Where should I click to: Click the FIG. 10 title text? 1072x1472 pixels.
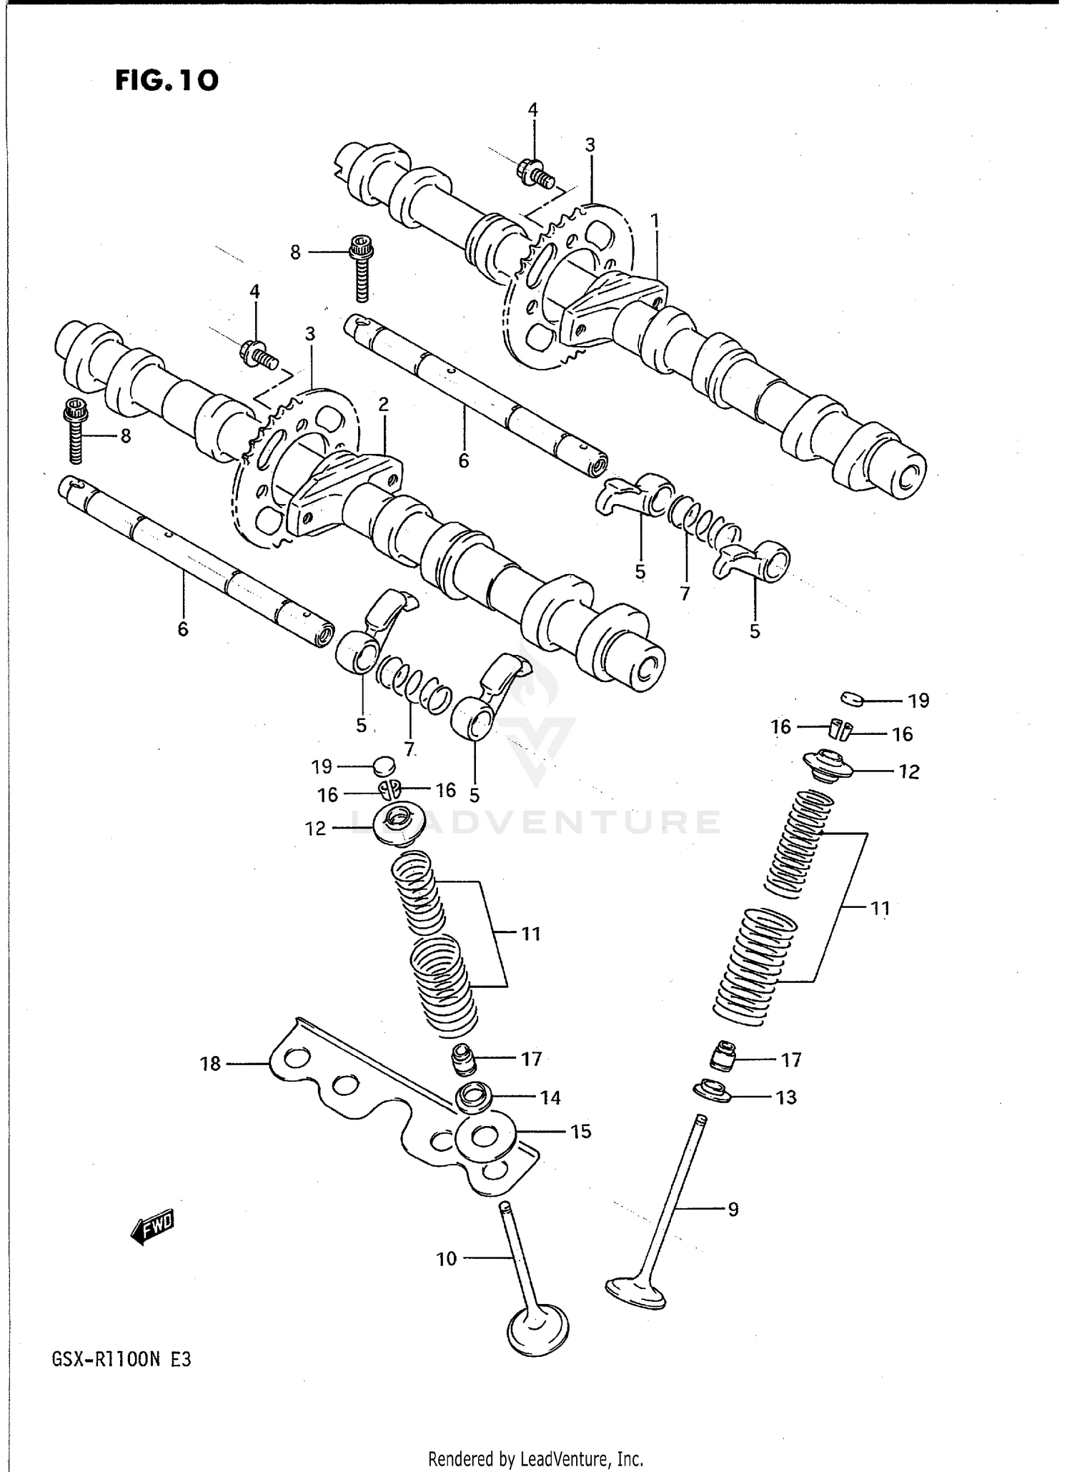(167, 80)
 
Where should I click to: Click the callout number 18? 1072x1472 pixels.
(210, 1064)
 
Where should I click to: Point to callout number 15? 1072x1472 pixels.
(581, 1132)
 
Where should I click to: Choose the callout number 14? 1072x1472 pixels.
(550, 1097)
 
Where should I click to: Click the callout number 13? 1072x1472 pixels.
(786, 1097)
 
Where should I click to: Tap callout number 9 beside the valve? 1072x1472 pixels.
(733, 1210)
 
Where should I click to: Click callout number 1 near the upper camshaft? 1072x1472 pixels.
(655, 222)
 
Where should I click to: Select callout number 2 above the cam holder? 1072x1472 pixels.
(384, 405)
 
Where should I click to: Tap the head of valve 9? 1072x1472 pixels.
(635, 1291)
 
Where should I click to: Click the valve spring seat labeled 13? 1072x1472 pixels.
(712, 1092)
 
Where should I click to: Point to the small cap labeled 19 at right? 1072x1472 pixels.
(852, 699)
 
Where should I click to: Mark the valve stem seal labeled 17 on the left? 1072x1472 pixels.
(465, 1058)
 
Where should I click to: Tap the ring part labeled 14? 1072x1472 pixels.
(472, 1097)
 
